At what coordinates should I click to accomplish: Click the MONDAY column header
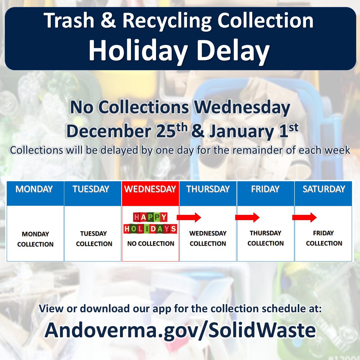[34, 189]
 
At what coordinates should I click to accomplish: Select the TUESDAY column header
[91, 189]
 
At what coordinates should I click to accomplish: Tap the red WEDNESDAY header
[150, 189]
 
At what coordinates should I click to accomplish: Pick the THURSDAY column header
[208, 189]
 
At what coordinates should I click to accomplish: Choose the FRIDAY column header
[265, 189]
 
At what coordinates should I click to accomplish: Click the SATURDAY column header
[324, 189]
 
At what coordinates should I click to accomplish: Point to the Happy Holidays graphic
[150, 223]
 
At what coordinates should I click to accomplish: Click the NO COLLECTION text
[151, 244]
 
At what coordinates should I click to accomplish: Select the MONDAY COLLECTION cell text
[35, 239]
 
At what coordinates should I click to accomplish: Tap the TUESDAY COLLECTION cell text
[94, 238]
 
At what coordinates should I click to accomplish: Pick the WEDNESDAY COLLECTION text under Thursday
[208, 238]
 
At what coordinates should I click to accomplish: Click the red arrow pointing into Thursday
[189, 217]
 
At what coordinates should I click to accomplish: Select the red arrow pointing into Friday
[247, 217]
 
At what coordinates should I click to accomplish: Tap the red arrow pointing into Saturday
[304, 217]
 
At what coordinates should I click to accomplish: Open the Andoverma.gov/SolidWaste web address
[180, 330]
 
